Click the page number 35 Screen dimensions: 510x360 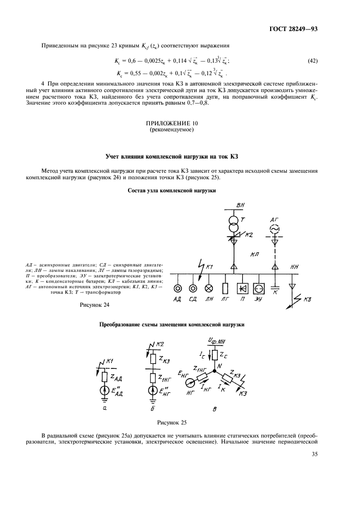click(x=314, y=453)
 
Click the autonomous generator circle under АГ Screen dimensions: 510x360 click(x=275, y=227)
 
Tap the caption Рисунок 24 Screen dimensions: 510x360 click(x=95, y=305)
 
